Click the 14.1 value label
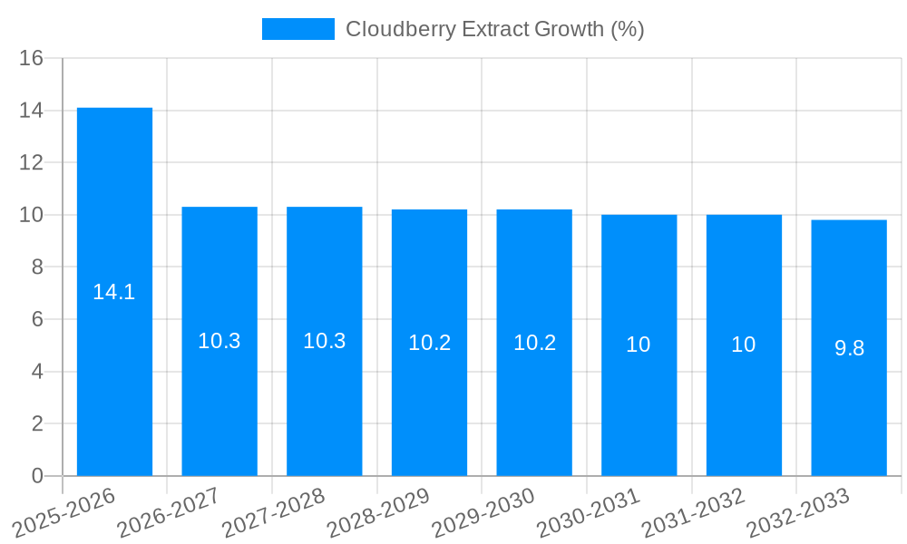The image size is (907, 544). [x=114, y=292]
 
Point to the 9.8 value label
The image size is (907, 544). [x=849, y=348]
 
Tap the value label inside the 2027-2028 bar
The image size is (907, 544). [x=325, y=341]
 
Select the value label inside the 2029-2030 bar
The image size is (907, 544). [x=534, y=343]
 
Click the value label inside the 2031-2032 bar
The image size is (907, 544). [x=744, y=345]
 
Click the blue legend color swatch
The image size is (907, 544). [x=297, y=29]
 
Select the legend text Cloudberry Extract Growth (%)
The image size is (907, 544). [x=495, y=29]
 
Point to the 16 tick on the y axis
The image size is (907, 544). [x=32, y=58]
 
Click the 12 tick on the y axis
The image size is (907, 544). [x=32, y=162]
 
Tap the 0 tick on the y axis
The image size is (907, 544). [x=37, y=476]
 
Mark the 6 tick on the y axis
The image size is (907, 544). [x=37, y=319]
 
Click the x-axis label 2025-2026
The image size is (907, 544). [x=65, y=512]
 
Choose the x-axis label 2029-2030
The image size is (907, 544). [x=484, y=512]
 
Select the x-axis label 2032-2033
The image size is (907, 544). [x=799, y=512]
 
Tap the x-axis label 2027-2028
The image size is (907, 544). [x=275, y=512]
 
